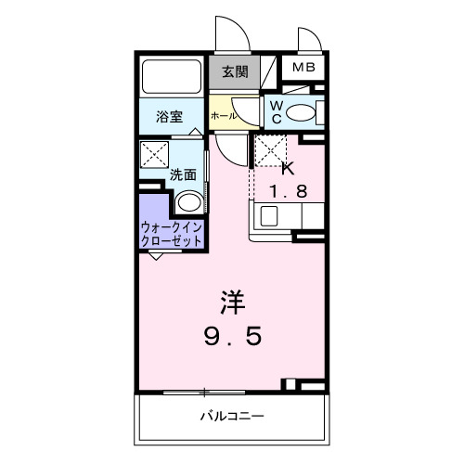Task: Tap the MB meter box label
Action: point(303,68)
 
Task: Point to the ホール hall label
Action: point(222,116)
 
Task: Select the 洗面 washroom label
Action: point(182,174)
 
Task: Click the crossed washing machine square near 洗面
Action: point(153,154)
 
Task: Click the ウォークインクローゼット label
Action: point(172,233)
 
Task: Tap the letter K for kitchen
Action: point(286,168)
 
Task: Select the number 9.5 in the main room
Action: point(233,336)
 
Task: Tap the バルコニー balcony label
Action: point(232,416)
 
